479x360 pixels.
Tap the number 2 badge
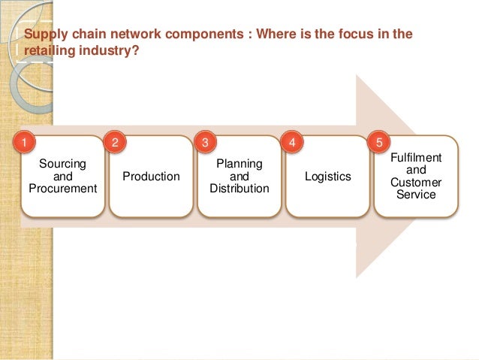click(113, 141)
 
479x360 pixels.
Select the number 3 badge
click(202, 141)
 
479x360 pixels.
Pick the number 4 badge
click(291, 141)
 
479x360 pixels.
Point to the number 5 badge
click(379, 141)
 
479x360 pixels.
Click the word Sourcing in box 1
click(62, 163)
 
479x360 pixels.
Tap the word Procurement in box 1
click(62, 189)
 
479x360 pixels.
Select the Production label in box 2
click(151, 177)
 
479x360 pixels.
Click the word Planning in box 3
click(239, 163)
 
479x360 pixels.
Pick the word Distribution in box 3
click(239, 189)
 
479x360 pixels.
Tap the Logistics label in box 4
click(328, 177)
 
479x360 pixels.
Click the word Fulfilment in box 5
click(417, 158)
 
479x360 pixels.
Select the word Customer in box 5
click(417, 183)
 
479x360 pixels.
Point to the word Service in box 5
click(417, 195)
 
